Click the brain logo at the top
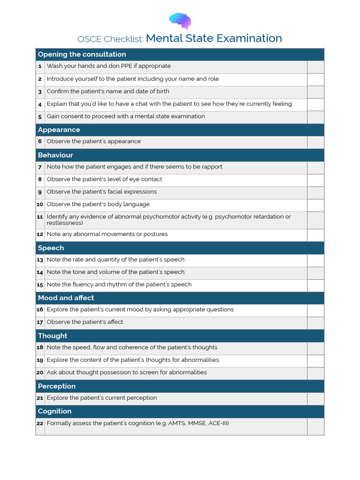pyautogui.click(x=180, y=21)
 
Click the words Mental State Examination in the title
pyautogui.click(x=214, y=38)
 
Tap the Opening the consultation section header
pyautogui.click(x=82, y=54)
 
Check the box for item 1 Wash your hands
pyautogui.click(x=315, y=67)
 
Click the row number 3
pyautogui.click(x=40, y=92)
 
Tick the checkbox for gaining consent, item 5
pyautogui.click(x=315, y=117)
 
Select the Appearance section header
pyautogui.click(x=59, y=130)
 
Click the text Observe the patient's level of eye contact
pyautogui.click(x=105, y=179)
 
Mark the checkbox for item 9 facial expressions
pyautogui.click(x=315, y=192)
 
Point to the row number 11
pyautogui.click(x=40, y=217)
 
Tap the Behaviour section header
pyautogui.click(x=55, y=155)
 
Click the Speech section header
pyautogui.click(x=51, y=248)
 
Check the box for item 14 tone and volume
pyautogui.click(x=315, y=273)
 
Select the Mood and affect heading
pyautogui.click(x=66, y=298)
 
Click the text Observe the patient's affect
pyautogui.click(x=85, y=322)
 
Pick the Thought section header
pyautogui.click(x=52, y=336)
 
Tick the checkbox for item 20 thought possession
pyautogui.click(x=315, y=373)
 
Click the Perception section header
pyautogui.click(x=57, y=386)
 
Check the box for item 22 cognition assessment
pyautogui.click(x=315, y=426)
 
